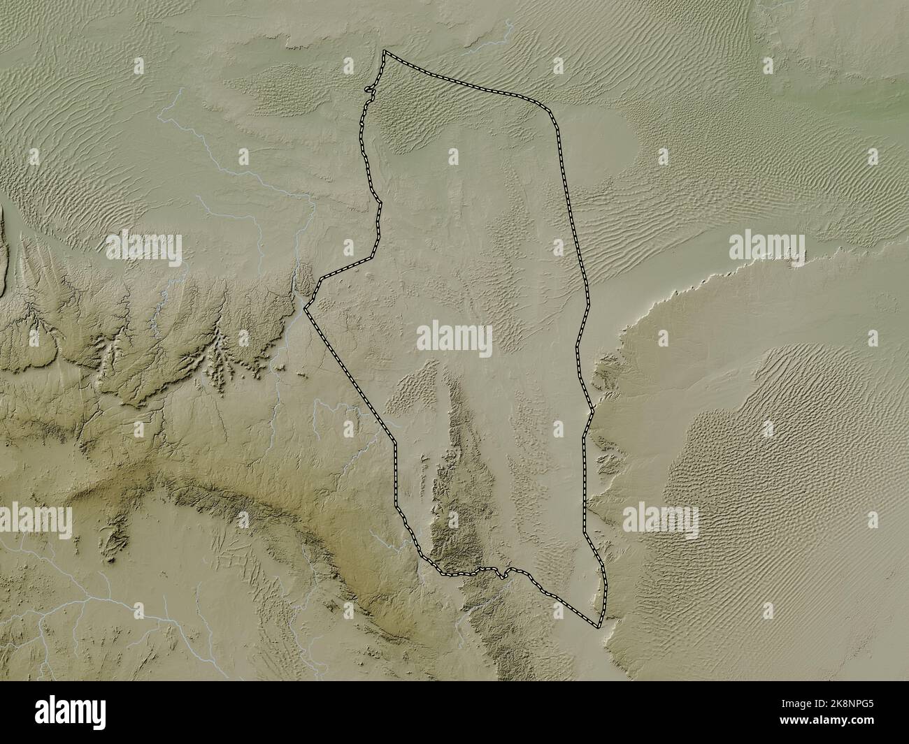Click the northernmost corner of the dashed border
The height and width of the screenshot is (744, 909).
(384, 51)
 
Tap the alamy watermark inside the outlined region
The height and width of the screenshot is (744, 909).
(454, 338)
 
